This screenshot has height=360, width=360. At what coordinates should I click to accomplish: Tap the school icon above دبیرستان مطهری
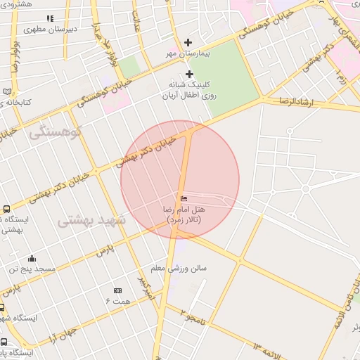[x=49, y=18]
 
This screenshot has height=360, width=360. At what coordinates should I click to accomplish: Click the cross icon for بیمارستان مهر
[x=188, y=42]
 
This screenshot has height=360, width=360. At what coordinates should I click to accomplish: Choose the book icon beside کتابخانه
[x=7, y=91]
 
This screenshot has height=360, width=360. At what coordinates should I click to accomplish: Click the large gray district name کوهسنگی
[x=56, y=131]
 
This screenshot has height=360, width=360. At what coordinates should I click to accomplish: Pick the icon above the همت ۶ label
[x=117, y=290]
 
